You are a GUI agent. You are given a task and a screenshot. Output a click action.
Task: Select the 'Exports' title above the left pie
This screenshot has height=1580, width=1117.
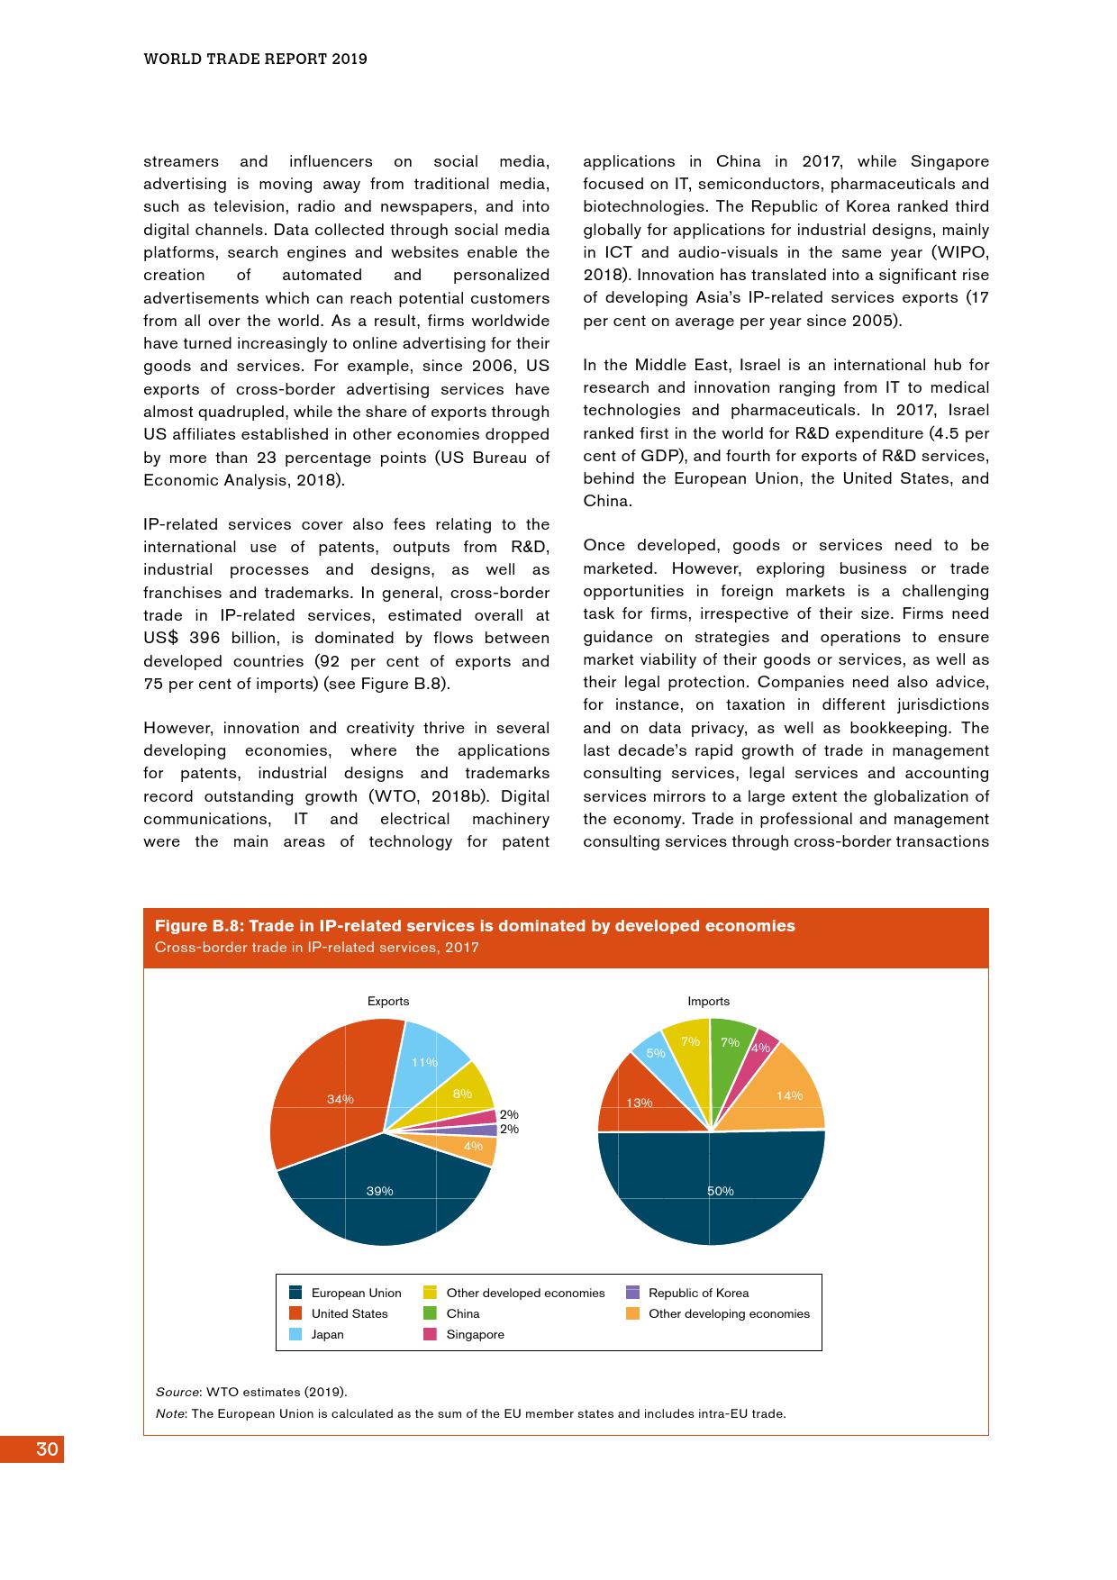click(x=388, y=1001)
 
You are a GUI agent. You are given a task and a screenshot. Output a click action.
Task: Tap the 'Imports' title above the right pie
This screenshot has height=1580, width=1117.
click(x=709, y=1001)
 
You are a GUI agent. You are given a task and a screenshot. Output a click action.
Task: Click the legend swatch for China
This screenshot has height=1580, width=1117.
click(x=430, y=1313)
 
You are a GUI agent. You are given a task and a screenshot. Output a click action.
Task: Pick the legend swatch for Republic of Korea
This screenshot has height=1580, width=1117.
click(x=632, y=1293)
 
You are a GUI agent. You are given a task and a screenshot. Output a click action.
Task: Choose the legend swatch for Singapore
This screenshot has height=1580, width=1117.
click(x=430, y=1334)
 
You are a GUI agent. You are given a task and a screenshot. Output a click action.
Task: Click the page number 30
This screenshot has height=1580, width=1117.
click(x=47, y=1449)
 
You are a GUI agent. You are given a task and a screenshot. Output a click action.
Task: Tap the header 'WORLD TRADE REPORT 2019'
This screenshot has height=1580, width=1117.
click(x=256, y=59)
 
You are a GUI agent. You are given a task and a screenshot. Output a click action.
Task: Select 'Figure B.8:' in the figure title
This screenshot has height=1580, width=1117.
click(x=199, y=926)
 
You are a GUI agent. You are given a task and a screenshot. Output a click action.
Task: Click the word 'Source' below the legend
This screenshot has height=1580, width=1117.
click(x=177, y=1392)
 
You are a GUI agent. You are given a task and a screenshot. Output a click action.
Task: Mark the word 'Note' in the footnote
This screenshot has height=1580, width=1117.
click(x=170, y=1413)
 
